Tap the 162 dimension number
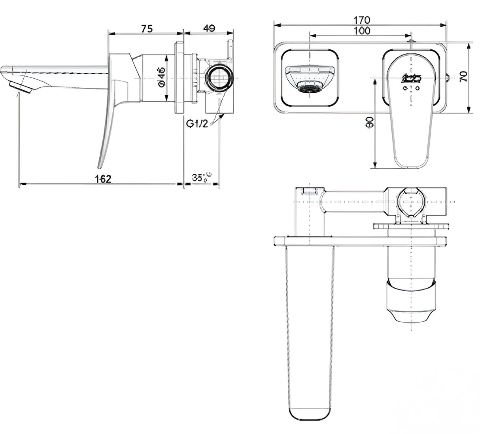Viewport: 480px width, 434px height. pos(103,179)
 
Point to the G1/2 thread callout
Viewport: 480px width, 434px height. pos(197,124)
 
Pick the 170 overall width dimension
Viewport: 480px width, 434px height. pos(361,20)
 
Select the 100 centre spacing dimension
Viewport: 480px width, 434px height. pos(361,30)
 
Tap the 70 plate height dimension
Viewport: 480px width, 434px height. pos(463,76)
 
